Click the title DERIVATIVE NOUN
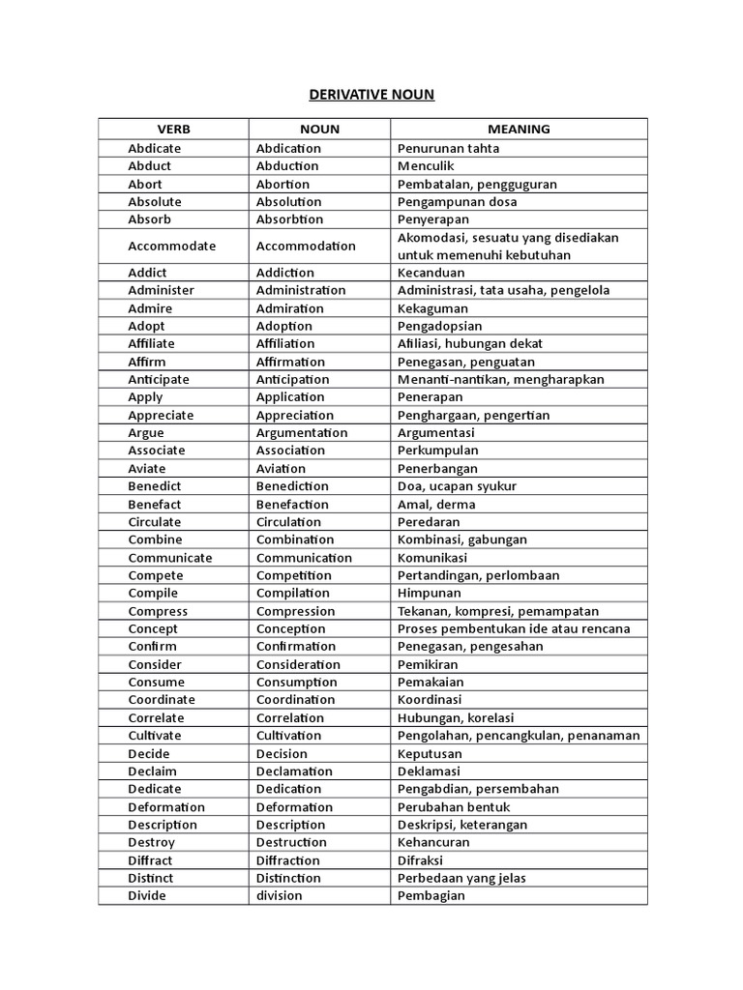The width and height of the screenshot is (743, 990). click(x=371, y=94)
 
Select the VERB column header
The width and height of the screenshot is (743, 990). click(x=173, y=129)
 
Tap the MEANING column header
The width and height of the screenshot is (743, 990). click(x=519, y=129)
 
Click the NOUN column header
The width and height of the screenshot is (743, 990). click(x=319, y=129)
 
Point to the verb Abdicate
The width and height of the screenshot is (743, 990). click(x=155, y=148)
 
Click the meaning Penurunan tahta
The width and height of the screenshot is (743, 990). click(x=448, y=148)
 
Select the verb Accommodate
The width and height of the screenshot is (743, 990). click(x=171, y=246)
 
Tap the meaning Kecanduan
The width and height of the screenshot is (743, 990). click(x=431, y=273)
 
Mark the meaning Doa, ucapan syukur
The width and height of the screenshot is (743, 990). click(x=457, y=485)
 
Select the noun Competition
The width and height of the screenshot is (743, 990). click(x=293, y=575)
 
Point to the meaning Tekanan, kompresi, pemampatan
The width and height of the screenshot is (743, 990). click(x=498, y=611)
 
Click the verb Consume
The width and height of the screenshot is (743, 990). click(x=156, y=682)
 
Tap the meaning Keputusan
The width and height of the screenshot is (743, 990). click(x=430, y=753)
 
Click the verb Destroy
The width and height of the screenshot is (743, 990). click(x=152, y=842)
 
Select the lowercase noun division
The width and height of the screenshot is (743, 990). click(x=279, y=895)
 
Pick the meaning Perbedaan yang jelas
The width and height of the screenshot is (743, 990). click(x=462, y=878)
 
